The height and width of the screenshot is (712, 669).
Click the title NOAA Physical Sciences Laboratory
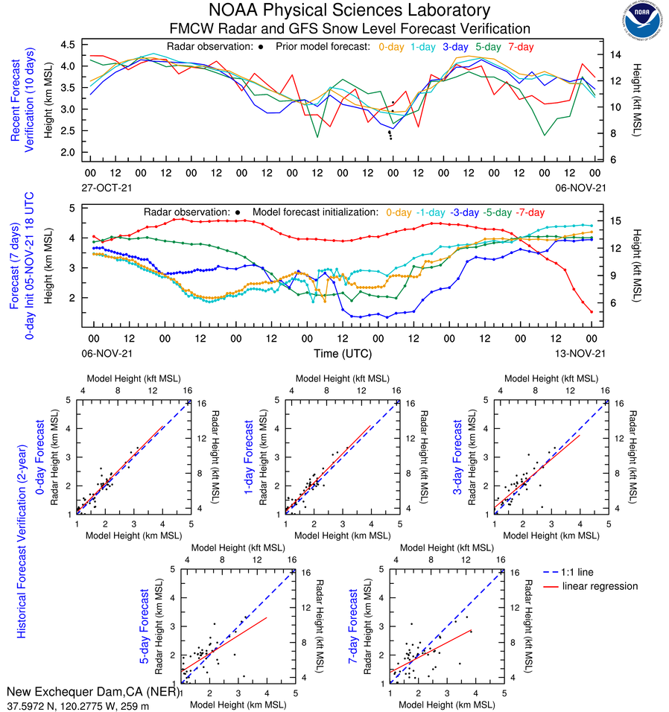[349, 10]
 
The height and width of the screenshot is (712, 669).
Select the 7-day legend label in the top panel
[521, 47]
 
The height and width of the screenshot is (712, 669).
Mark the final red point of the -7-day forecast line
[591, 311]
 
